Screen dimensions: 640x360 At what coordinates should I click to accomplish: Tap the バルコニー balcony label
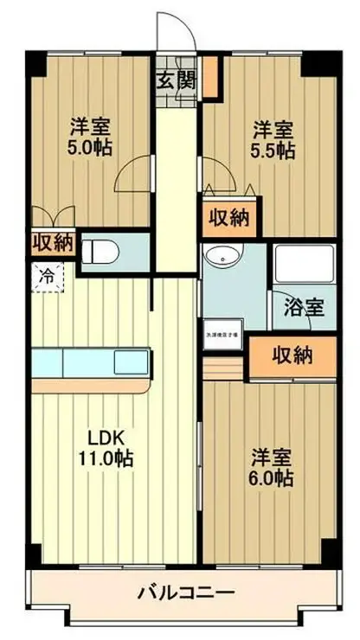[185, 594]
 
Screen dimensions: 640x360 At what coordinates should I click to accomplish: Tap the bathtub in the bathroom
[303, 264]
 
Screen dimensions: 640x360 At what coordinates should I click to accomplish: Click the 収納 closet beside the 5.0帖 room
[53, 242]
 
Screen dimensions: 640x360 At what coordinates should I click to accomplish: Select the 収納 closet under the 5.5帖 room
[229, 220]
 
